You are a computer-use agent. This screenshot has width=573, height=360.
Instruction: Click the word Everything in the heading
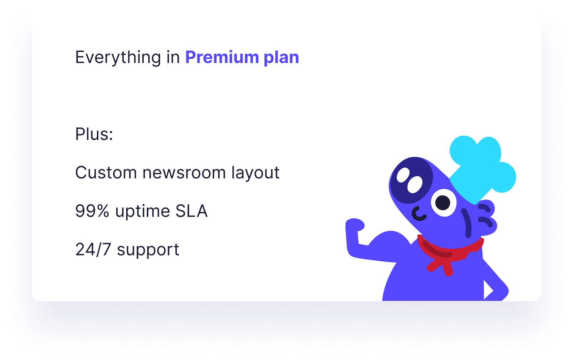(118, 58)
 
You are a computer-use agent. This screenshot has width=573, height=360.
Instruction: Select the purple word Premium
(222, 57)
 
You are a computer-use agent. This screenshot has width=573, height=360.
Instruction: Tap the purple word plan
(281, 58)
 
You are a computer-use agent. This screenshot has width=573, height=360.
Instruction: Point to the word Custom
(106, 173)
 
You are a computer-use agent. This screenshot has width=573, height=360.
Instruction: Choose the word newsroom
(184, 173)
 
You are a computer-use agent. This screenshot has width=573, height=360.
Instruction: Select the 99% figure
(92, 211)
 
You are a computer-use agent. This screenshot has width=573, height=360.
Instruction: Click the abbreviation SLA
(191, 211)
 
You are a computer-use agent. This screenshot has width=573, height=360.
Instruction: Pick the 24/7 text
(93, 250)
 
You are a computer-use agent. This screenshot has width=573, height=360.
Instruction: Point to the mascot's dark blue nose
(411, 180)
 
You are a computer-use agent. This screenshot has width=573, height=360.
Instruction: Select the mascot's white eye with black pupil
(443, 203)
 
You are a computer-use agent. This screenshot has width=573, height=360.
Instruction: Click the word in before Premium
(173, 57)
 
